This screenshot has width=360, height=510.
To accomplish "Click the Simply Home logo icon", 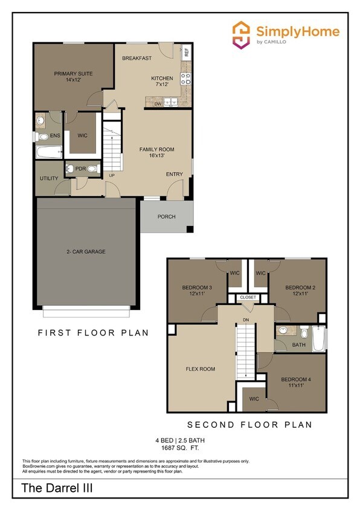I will (x=242, y=34).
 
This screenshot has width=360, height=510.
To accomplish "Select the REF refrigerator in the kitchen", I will (x=186, y=52).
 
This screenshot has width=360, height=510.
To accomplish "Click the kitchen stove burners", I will (x=185, y=78).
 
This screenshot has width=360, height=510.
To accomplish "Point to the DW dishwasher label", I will (x=157, y=104).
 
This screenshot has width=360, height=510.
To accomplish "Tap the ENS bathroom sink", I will (x=41, y=120).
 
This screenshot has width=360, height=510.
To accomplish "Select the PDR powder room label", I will (x=80, y=169).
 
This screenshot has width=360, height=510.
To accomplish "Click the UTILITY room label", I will (x=49, y=179).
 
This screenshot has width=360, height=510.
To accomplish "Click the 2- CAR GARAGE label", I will (x=86, y=251).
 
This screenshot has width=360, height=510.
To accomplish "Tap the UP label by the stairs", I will (x=112, y=176).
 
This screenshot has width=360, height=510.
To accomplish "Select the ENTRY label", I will (x=175, y=175).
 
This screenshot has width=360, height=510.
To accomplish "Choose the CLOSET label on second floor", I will (x=248, y=297).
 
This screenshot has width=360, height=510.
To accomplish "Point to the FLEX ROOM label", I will (x=200, y=369).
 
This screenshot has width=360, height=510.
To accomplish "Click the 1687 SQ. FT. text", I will (x=180, y=448).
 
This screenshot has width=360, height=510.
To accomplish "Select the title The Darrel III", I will (x=57, y=488).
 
